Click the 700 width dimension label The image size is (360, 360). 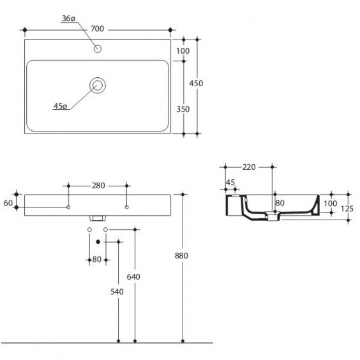[98, 29]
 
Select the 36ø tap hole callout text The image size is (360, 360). [68, 19]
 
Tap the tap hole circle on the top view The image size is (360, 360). [98, 49]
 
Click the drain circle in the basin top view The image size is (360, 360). [98, 85]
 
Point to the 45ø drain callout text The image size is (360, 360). [60, 106]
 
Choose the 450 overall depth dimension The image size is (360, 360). [196, 84]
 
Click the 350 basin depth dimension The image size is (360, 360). [183, 109]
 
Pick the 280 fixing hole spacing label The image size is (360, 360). [98, 186]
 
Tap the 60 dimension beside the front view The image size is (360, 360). [8, 203]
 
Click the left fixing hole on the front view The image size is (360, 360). [68, 207]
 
